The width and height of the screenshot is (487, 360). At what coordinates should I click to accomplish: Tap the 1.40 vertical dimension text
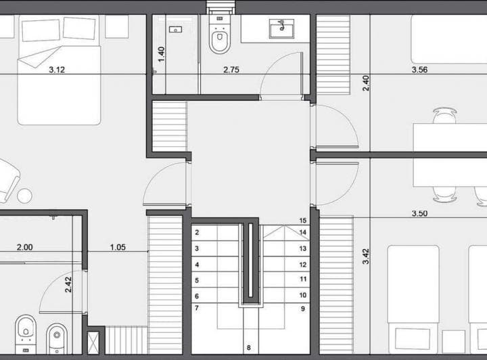tap(161, 54)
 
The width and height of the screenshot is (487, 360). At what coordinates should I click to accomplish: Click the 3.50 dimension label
tap(423, 214)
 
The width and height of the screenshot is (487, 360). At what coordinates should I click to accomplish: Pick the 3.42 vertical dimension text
tap(366, 256)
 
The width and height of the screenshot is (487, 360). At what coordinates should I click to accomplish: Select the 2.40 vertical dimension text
tap(366, 83)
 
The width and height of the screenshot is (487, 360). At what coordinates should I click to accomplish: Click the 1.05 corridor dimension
tap(120, 248)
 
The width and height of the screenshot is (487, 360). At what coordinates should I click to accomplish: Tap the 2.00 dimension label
tap(24, 248)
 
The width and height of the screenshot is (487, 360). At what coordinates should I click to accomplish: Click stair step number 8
tap(249, 348)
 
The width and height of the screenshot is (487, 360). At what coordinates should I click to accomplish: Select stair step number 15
tap(303, 221)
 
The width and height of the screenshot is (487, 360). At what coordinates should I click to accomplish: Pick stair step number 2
tap(197, 233)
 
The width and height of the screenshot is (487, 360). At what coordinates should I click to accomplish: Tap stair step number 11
tap(303, 279)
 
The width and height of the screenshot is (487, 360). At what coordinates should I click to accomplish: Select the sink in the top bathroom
tap(278, 29)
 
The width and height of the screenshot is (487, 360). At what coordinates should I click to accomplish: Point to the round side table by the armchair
tap(25, 196)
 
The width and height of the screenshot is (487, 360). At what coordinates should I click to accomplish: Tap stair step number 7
tap(197, 309)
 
